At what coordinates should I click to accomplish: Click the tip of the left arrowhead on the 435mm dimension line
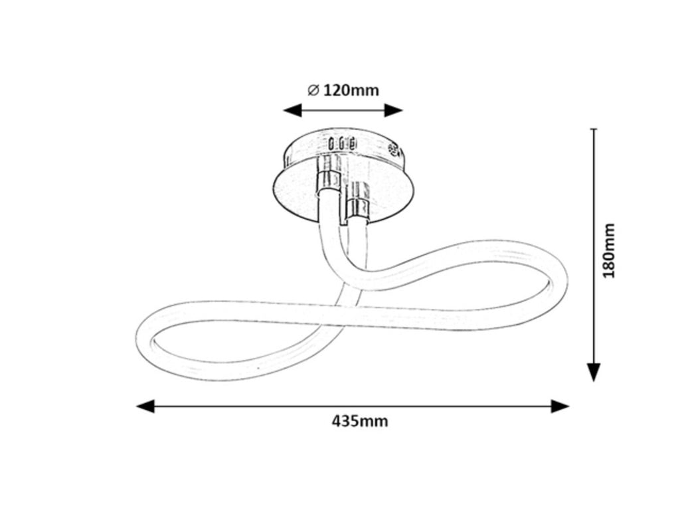[136, 406]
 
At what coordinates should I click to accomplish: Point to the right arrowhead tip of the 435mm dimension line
[569, 406]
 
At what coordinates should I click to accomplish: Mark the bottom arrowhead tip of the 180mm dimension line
[594, 382]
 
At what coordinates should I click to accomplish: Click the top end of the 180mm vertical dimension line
[594, 129]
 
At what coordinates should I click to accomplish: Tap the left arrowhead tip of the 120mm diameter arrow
[283, 110]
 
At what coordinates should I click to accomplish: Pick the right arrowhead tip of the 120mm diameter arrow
[403, 110]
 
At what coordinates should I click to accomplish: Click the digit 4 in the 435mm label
[337, 421]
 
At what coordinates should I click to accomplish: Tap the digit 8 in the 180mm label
[609, 260]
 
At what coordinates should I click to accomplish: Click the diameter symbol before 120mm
[313, 90]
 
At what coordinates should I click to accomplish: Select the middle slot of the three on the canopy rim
[342, 143]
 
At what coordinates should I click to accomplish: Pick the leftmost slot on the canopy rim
[332, 143]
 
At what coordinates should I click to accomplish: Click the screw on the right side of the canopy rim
[394, 150]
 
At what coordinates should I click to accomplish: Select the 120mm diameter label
[343, 90]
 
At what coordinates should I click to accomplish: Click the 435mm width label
[360, 421]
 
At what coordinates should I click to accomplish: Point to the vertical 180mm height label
[609, 250]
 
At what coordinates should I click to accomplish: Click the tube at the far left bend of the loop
[145, 338]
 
